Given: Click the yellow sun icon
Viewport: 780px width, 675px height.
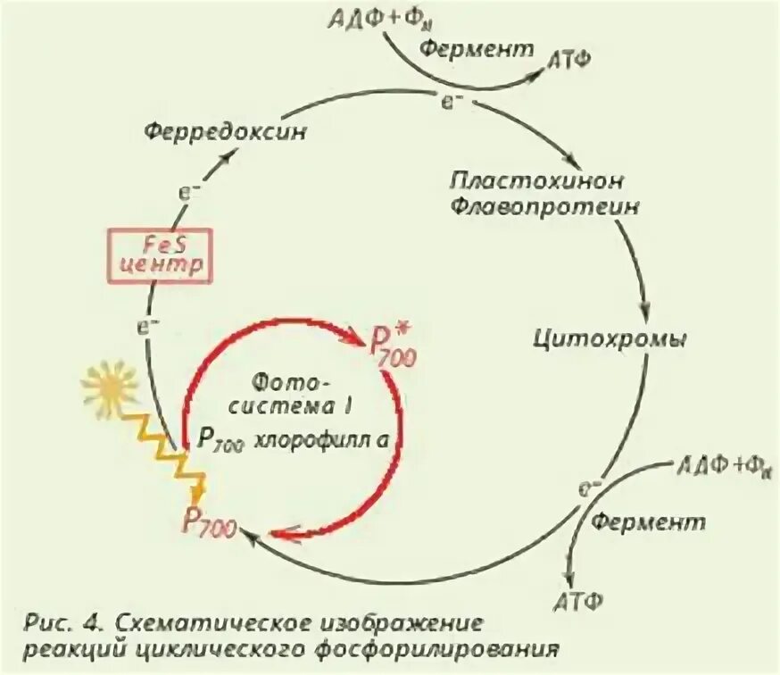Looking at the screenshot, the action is coord(110,387).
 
